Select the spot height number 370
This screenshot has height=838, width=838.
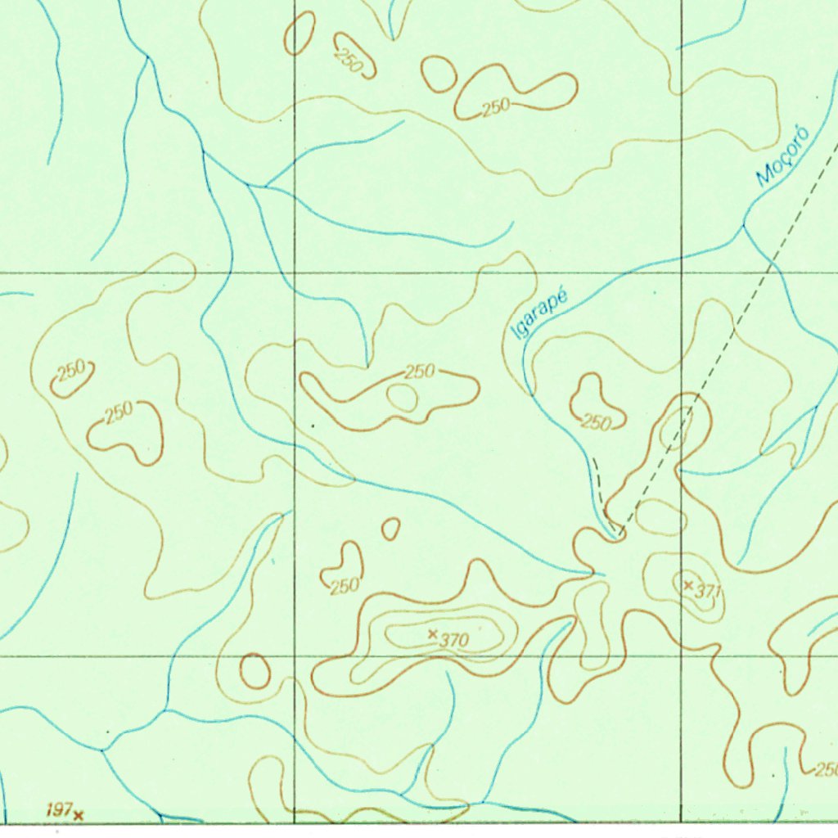click(x=453, y=641)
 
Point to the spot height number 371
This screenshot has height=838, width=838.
click(x=708, y=591)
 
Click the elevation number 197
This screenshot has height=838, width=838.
click(x=58, y=810)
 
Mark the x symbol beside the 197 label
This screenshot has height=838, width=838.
click(x=79, y=815)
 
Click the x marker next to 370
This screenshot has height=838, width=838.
click(x=433, y=633)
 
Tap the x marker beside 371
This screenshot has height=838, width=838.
click(x=688, y=585)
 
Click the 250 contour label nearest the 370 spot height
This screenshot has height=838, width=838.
click(x=345, y=586)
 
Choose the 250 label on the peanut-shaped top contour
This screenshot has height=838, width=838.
click(x=496, y=106)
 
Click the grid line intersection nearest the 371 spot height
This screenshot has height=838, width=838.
click(x=681, y=656)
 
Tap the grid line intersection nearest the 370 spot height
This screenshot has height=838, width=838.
click(x=295, y=656)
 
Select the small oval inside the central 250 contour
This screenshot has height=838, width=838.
click(x=402, y=398)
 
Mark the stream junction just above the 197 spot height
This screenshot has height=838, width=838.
click(x=101, y=749)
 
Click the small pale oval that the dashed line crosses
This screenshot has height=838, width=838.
click(x=677, y=426)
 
